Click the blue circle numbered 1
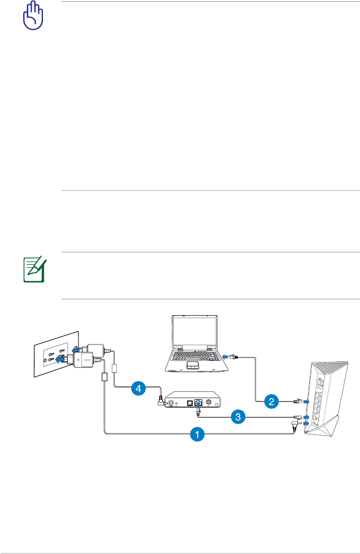pos(197,434)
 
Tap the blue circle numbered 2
pos(272,402)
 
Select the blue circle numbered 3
pos(239,417)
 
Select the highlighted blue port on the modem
pos(198,403)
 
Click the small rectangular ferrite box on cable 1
pos(105,377)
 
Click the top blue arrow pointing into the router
pos(306,402)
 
